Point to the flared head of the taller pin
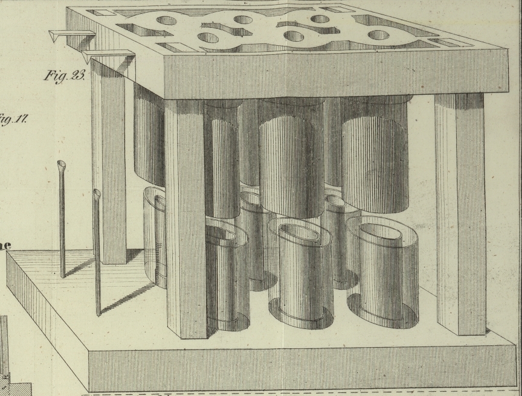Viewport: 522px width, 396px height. [62, 165]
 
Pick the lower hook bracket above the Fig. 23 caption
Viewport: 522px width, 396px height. [108, 56]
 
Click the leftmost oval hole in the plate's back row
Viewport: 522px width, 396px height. [167, 21]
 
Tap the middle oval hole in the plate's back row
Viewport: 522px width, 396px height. [243, 20]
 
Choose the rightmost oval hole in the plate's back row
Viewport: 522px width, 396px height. [320, 19]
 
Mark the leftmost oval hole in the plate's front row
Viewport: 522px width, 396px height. [208, 38]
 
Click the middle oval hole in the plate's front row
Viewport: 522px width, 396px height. [294, 36]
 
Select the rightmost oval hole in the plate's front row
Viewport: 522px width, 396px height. [378, 35]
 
